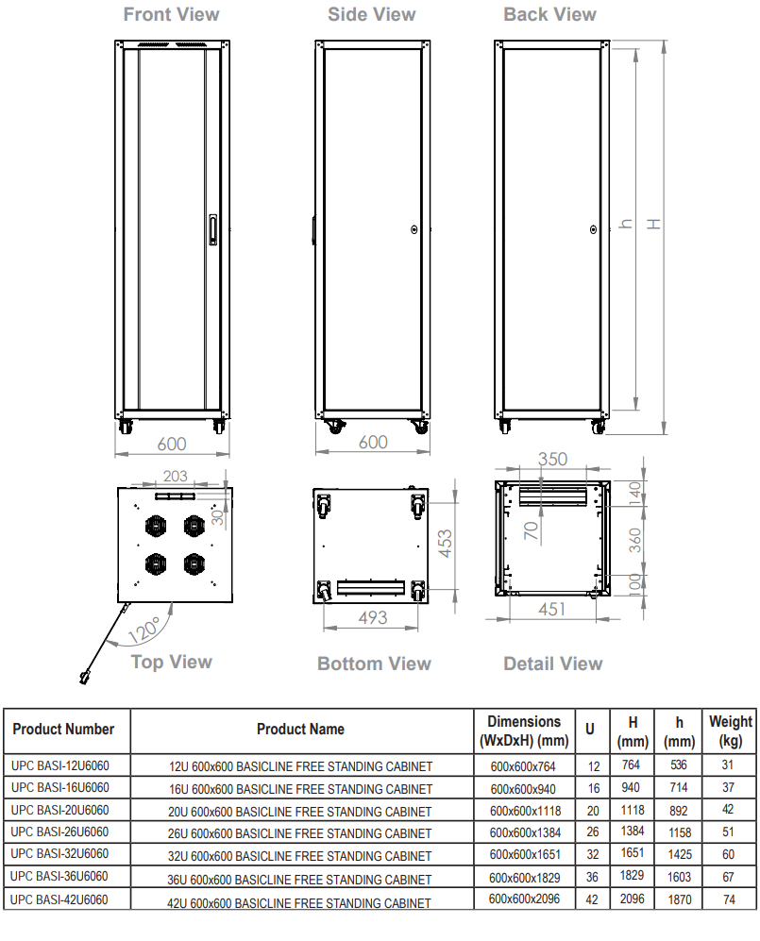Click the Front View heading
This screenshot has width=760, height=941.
(171, 14)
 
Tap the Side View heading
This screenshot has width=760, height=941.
(372, 14)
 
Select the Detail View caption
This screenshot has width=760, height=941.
(553, 664)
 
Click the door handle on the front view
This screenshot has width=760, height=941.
(212, 230)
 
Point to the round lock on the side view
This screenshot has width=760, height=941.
(414, 229)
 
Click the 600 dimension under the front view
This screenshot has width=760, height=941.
(172, 445)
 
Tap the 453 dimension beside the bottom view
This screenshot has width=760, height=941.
(445, 543)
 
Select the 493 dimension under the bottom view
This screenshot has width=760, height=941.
(373, 617)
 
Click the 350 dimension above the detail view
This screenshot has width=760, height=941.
(552, 459)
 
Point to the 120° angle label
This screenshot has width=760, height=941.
(144, 630)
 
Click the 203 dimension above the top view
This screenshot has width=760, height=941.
(176, 476)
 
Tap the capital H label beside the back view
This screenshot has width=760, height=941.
(653, 224)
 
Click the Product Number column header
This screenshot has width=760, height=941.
(63, 730)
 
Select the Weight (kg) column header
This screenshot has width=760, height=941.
(730, 731)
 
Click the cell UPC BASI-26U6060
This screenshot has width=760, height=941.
(60, 832)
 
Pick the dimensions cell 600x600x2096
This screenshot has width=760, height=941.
(524, 899)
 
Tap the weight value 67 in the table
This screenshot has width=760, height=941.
(728, 877)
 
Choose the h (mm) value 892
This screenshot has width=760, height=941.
(679, 811)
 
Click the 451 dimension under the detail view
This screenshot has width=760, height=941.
(551, 609)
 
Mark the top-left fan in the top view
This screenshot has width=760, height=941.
(156, 526)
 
